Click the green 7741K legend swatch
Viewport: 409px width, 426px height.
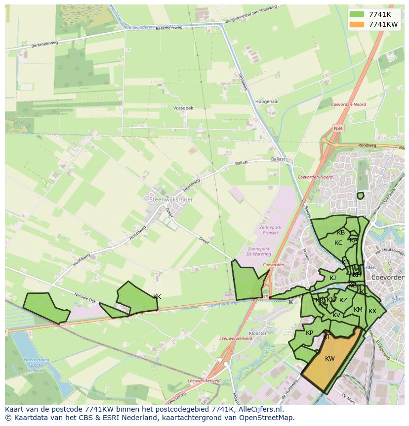357,14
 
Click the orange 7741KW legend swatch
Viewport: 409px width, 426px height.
357,24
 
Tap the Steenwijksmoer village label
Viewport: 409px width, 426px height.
171,199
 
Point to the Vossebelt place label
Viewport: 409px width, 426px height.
184,107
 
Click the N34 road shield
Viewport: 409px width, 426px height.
338,128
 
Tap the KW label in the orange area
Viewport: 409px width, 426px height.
330,359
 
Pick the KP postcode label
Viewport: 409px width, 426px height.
310,333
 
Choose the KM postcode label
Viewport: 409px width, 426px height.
358,310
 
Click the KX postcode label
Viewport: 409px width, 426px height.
372,311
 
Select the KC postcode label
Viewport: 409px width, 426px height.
338,243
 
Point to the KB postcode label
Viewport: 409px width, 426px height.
341,233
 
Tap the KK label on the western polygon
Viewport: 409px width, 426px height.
157,297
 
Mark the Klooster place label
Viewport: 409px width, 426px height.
258,333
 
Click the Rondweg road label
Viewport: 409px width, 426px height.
367,145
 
